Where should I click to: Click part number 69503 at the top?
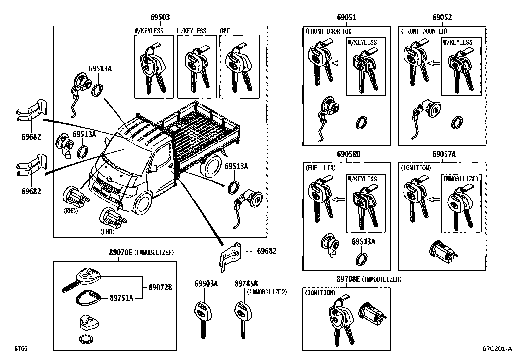click(160, 17)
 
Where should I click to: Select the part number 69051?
click(347, 17)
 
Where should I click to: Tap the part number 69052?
click(442, 17)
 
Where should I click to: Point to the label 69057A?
click(444, 154)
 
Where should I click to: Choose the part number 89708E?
click(348, 279)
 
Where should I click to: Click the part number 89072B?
click(160, 288)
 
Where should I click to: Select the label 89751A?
click(121, 298)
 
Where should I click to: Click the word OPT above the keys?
click(225, 31)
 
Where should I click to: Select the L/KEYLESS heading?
click(191, 31)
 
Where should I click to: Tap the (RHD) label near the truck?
click(71, 211)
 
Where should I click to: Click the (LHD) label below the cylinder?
click(107, 232)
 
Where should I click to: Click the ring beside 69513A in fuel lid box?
click(361, 258)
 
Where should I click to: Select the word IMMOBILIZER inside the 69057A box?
click(461, 179)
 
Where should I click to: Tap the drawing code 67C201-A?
click(497, 349)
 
